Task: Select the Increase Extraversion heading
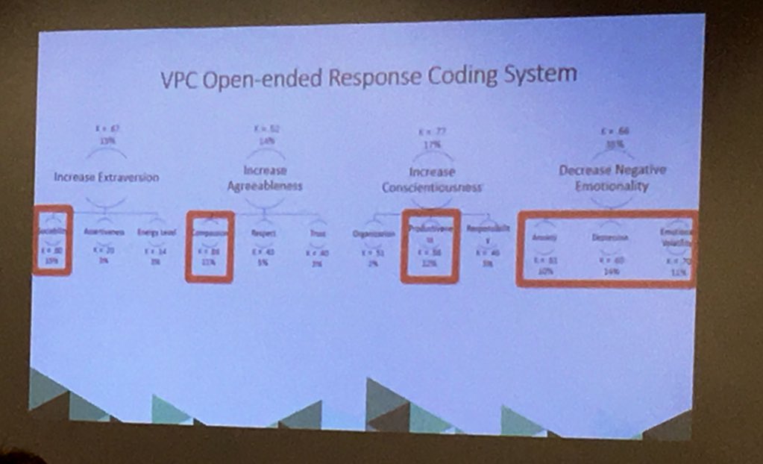(106, 177)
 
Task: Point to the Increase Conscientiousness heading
(432, 180)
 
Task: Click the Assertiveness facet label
(104, 231)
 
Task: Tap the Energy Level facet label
(157, 232)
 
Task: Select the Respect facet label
(264, 233)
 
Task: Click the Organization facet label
(373, 234)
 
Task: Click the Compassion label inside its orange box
(210, 232)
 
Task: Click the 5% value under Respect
(263, 263)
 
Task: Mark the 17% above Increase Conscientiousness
(431, 145)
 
